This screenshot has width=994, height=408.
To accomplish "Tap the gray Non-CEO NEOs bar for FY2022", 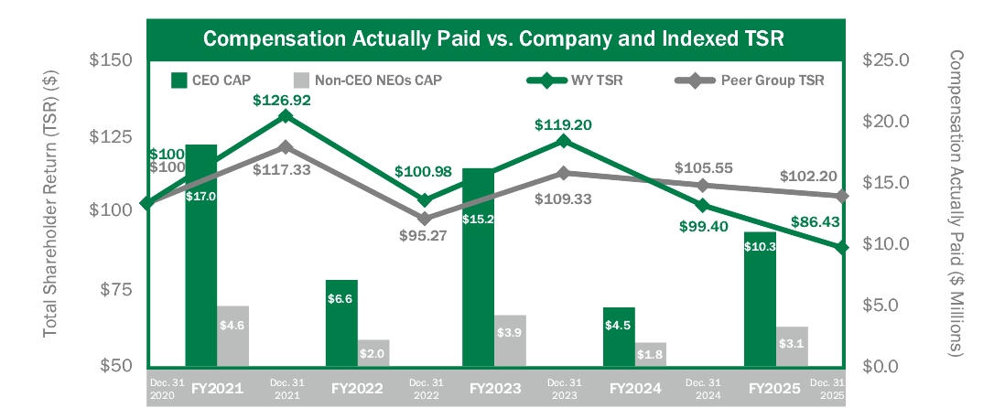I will click(373, 352).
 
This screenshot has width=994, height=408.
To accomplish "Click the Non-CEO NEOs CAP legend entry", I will click(366, 80).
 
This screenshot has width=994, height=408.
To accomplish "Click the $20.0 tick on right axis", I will click(884, 122).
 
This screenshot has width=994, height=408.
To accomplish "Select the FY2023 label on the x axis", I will click(495, 389).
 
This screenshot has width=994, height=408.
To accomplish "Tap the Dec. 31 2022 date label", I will click(427, 388).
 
